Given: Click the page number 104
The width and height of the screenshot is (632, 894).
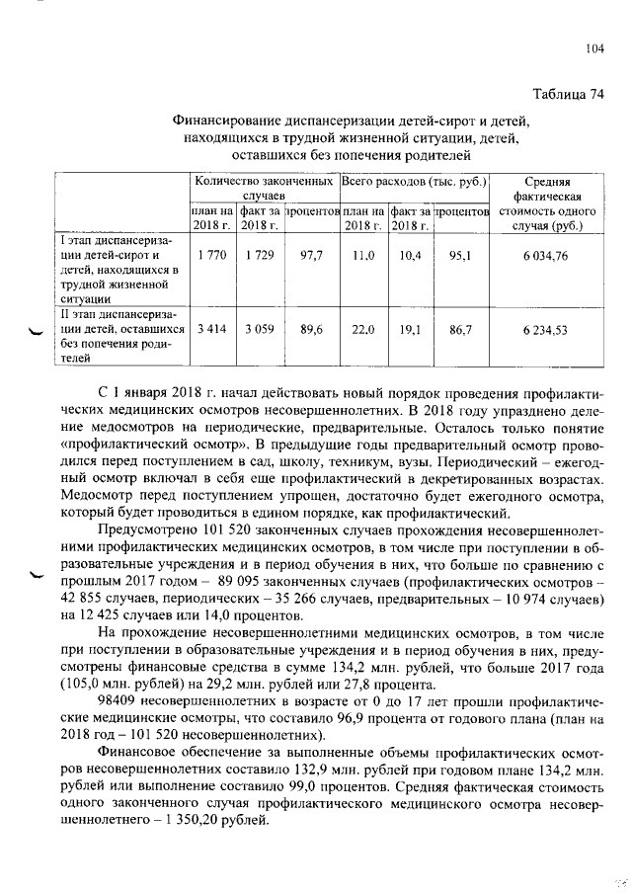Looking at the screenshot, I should point(593,47).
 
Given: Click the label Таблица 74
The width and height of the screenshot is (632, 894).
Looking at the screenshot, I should point(568,95).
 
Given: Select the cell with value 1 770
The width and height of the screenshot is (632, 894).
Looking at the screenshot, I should point(212,255).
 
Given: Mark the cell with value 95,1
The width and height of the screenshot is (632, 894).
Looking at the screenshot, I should point(461,255).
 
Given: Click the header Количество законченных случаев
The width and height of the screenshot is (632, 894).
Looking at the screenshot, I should point(264,190).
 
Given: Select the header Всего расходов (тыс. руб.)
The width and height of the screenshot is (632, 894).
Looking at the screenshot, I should point(415,183).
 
